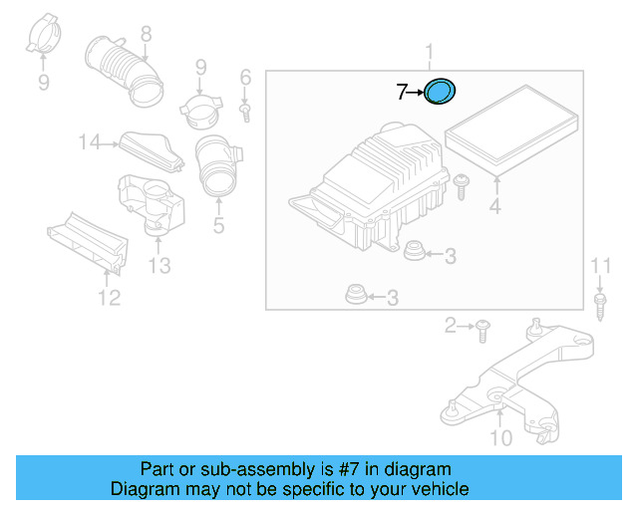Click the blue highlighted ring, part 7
click(440, 92)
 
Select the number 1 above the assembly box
click(430, 52)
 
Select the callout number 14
click(91, 143)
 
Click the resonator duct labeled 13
click(152, 204)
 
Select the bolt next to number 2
click(482, 326)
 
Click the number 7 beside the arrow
click(402, 93)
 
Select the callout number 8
click(147, 34)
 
